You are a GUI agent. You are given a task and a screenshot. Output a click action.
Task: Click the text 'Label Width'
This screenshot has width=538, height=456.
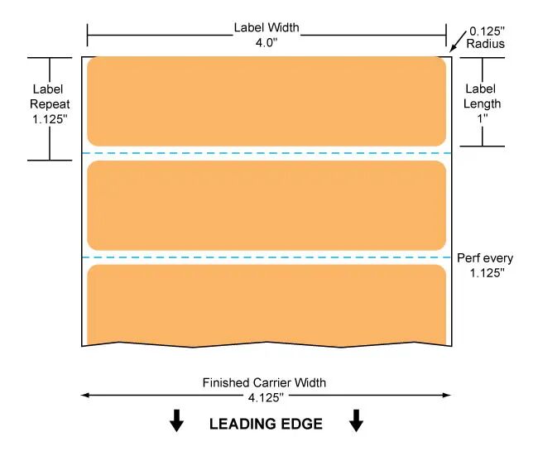[267, 27]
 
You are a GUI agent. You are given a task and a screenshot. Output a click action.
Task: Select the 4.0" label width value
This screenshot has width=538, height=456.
[267, 43]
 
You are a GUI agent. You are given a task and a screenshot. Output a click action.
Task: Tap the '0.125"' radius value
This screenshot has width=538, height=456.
[487, 31]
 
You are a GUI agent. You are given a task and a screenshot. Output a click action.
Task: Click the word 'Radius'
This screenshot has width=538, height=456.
[486, 44]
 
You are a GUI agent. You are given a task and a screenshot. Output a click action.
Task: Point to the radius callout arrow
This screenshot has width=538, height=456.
[458, 41]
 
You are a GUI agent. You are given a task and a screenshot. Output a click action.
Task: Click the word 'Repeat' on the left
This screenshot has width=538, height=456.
[50, 104]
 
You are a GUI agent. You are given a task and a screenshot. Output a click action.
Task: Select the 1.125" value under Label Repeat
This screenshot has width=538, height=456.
[50, 119]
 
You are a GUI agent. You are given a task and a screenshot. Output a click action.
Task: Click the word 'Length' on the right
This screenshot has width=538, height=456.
[482, 103]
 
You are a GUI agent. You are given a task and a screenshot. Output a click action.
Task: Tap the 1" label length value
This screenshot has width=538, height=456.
[483, 118]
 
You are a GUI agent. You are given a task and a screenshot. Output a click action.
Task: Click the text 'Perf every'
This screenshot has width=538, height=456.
[485, 258]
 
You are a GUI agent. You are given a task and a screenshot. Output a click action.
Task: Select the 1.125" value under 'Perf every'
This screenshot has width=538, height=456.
[487, 273]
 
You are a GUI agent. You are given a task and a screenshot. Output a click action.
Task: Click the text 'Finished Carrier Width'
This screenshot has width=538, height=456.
[264, 382]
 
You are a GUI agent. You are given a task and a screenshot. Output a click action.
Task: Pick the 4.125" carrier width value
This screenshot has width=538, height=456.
[266, 398]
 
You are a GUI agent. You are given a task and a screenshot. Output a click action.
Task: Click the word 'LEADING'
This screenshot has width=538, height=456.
[239, 424]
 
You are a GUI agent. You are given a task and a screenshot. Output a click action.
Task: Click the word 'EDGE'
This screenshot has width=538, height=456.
[301, 424]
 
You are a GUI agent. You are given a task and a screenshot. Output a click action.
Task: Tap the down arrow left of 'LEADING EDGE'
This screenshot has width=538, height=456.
[176, 420]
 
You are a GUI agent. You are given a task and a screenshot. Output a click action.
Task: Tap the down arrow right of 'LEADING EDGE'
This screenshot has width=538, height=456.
[356, 420]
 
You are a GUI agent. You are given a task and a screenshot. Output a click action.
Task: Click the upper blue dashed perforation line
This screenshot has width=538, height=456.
[267, 153]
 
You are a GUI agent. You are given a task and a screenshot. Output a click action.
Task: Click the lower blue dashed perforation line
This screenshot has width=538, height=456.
[267, 257]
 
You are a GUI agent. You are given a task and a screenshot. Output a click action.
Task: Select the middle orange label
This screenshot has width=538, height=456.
[267, 205]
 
